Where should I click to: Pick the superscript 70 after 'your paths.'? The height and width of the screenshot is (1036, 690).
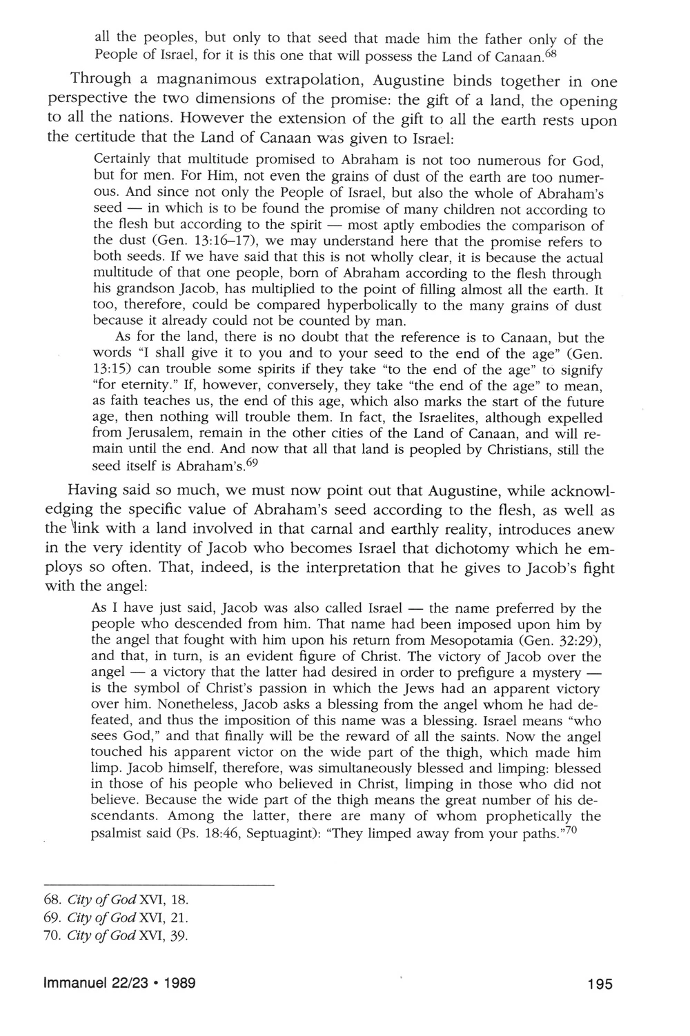coord(571,829)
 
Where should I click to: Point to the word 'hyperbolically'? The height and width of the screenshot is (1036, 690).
coord(364,306)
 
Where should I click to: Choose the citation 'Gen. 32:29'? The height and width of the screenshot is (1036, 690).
coord(557,641)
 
